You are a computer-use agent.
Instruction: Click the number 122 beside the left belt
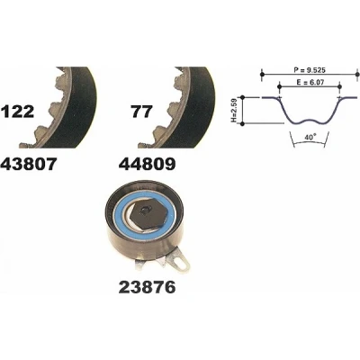(18, 112)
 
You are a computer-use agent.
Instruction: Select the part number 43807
(29, 164)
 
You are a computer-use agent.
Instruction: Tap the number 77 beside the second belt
(141, 112)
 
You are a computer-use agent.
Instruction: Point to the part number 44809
(147, 164)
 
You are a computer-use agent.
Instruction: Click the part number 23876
(147, 287)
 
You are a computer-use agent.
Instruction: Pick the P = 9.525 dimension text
(310, 70)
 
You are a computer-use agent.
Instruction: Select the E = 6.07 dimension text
(310, 83)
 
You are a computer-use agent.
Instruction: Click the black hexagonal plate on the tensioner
(148, 213)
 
